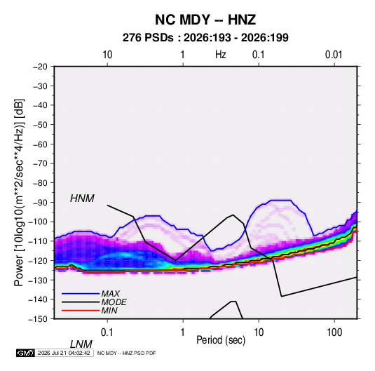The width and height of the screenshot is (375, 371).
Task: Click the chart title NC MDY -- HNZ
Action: click(205, 20)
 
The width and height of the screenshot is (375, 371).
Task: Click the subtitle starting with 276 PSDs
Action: click(205, 38)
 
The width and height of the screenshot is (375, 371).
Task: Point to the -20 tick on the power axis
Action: click(40, 67)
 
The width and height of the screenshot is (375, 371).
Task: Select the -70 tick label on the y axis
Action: click(40, 163)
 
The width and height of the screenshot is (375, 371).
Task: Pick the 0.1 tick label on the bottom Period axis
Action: click(107, 332)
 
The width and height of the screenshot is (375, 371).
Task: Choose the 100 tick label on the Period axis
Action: click(334, 332)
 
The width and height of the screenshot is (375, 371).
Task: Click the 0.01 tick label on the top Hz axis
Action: click(334, 55)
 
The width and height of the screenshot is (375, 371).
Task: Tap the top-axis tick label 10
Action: click(107, 55)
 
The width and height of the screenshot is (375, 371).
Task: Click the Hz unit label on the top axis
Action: click(221, 55)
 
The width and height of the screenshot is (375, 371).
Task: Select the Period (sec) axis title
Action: click(221, 340)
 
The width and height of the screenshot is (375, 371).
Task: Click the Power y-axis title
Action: click(19, 192)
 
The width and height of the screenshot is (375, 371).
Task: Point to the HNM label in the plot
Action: click(82, 198)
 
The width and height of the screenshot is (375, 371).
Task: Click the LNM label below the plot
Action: click(81, 344)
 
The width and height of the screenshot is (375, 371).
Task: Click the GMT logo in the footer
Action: click(26, 353)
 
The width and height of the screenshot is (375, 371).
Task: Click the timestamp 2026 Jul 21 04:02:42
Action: click(64, 353)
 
